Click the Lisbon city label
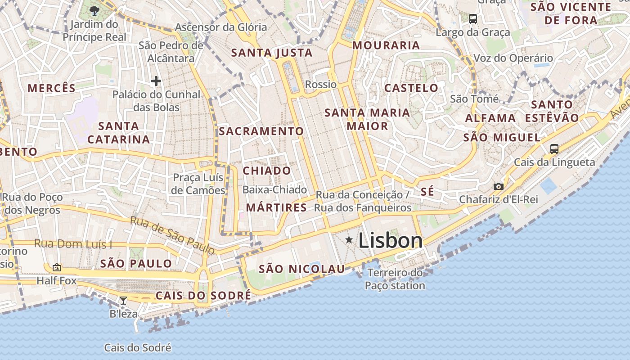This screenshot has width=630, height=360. point(390,241)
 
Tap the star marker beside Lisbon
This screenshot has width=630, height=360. point(349,240)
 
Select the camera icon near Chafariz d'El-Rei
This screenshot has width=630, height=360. point(498,186)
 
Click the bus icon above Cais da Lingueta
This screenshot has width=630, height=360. point(554,148)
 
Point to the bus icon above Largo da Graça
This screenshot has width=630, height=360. point(473,19)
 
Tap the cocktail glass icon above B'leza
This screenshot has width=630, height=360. point(123,300)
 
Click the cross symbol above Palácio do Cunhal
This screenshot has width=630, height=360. point(156,81)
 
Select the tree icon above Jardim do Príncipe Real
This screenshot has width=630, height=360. point(94,11)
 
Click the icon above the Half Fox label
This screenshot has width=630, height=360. point(57,267)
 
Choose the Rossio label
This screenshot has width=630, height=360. point(320,85)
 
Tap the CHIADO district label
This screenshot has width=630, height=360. point(267,171)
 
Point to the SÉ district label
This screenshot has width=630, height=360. point(427,192)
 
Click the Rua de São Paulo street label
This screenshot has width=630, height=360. point(172,235)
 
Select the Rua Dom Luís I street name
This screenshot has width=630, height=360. point(73,244)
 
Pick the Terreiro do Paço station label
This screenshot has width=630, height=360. point(395,279)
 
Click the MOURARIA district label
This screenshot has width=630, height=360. point(386,45)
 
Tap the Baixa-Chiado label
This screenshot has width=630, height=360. point(274,190)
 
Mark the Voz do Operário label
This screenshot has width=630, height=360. point(513,58)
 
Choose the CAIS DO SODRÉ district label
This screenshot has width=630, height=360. point(203,296)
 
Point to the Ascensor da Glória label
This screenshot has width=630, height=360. point(220,27)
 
